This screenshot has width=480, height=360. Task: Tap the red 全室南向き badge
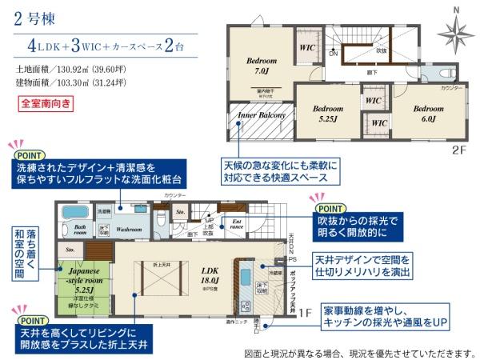tap(46, 103)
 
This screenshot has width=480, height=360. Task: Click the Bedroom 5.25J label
tap(326, 114)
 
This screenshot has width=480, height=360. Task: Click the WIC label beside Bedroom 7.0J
tap(306, 47)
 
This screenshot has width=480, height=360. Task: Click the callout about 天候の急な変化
tap(279, 170)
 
